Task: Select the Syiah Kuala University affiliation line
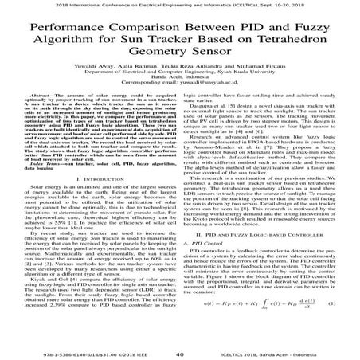click(x=180, y=88)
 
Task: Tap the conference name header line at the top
click(x=180, y=5)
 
